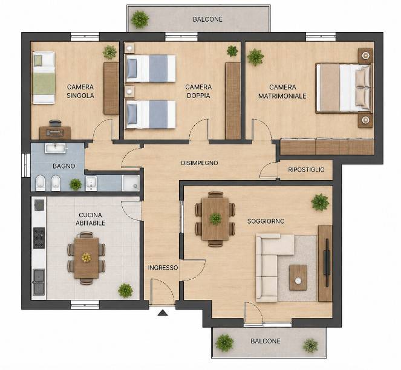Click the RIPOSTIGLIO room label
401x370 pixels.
coord(306,169)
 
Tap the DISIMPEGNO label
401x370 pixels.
coord(200,163)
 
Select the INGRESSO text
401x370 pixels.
coord(163,268)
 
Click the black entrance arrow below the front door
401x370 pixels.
coord(163,313)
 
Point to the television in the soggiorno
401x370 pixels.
coord(327,262)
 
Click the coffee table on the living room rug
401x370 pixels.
coord(298,277)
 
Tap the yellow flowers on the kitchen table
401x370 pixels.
coord(86,258)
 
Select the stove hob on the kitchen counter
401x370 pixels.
coord(39,238)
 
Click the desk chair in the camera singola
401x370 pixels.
coord(55,123)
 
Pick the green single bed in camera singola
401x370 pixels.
coord(44,78)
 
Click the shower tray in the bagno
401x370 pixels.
coord(131,183)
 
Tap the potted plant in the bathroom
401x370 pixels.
coord(76,184)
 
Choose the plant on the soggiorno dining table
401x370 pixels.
coord(215,219)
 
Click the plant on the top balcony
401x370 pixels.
coord(140,19)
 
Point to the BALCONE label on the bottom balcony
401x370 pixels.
coord(266,341)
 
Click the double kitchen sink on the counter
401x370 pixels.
coord(39,282)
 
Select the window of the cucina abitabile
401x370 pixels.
coord(85,305)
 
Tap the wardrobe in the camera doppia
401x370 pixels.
coord(233,101)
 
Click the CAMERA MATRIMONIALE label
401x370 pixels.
coord(282,91)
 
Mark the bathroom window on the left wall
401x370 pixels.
coord(26,165)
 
